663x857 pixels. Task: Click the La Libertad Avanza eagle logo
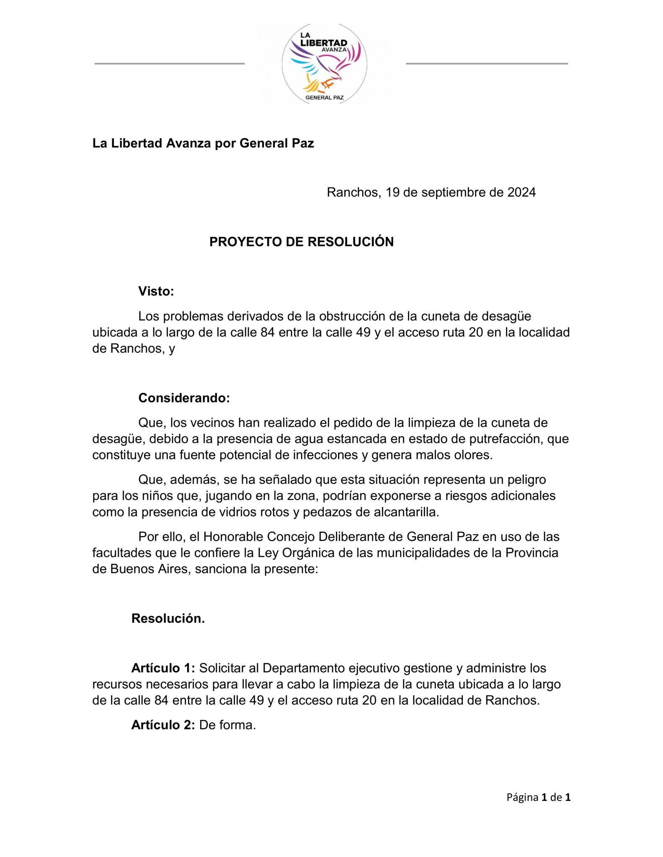tap(324, 64)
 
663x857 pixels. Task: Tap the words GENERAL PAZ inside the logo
tap(325, 98)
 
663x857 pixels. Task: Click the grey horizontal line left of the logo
tap(170, 64)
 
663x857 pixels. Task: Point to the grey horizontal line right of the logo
tap(487, 64)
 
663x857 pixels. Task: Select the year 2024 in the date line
tap(521, 192)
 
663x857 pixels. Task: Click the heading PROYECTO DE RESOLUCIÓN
tap(301, 242)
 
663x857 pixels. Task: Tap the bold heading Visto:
tap(156, 291)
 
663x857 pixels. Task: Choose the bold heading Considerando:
tap(184, 398)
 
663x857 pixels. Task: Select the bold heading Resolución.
tap(168, 618)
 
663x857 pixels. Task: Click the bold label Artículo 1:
tap(163, 668)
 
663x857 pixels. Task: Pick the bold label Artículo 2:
tap(163, 725)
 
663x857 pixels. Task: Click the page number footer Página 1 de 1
tap(538, 797)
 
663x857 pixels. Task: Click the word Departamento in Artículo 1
tap(303, 668)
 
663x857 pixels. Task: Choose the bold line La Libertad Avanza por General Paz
tap(203, 144)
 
